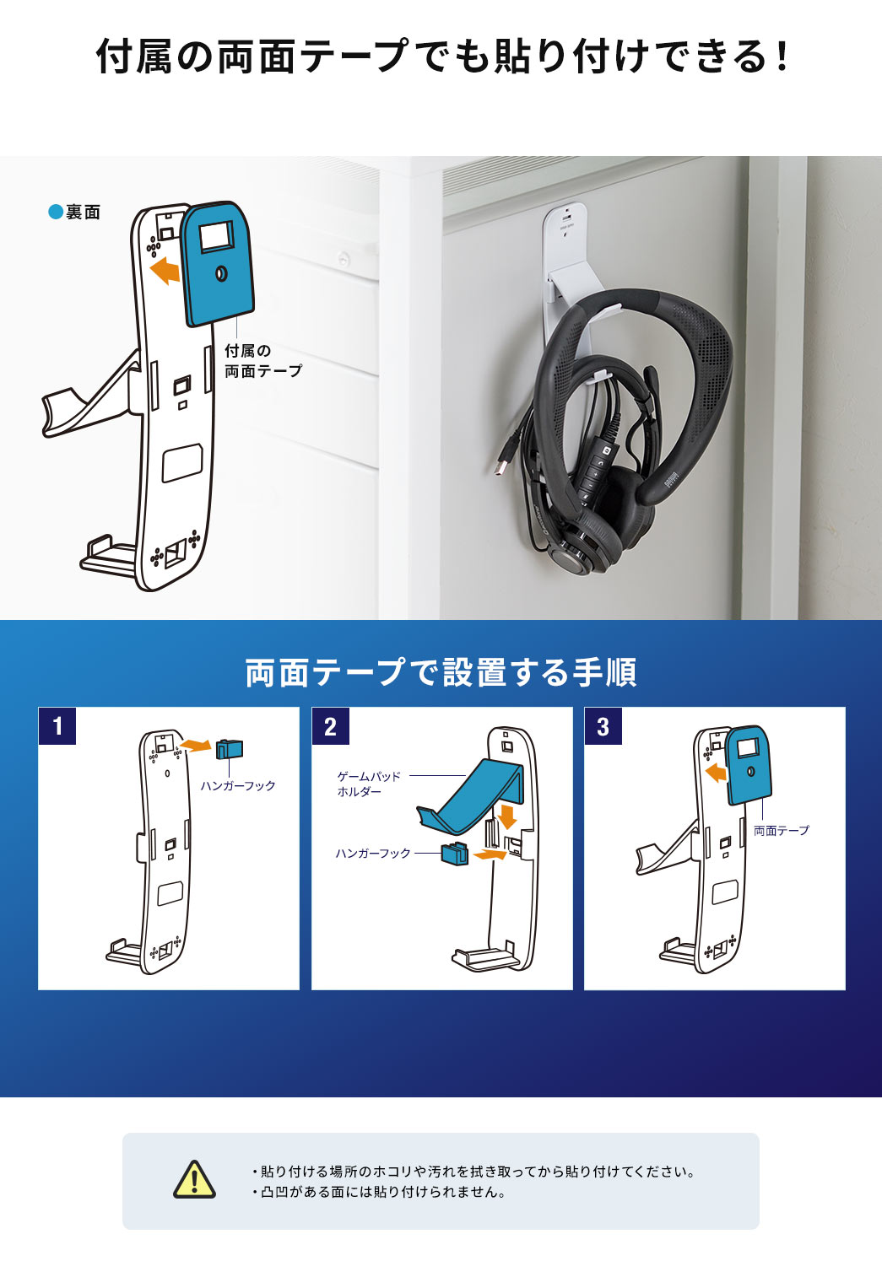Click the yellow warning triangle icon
[x=194, y=1179]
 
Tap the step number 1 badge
[x=57, y=726]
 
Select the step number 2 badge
[x=330, y=726]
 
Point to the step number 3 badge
[x=603, y=726]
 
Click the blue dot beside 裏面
[x=56, y=212]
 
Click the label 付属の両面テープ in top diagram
[x=262, y=361]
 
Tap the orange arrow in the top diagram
[x=165, y=270]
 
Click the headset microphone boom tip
[x=651, y=373]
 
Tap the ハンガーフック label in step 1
[x=238, y=786]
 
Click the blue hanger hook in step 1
[x=229, y=749]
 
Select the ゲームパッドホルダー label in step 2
[x=369, y=784]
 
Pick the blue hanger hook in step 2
[x=454, y=854]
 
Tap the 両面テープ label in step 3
[x=781, y=831]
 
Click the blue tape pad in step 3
[x=749, y=763]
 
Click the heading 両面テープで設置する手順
[x=441, y=672]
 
